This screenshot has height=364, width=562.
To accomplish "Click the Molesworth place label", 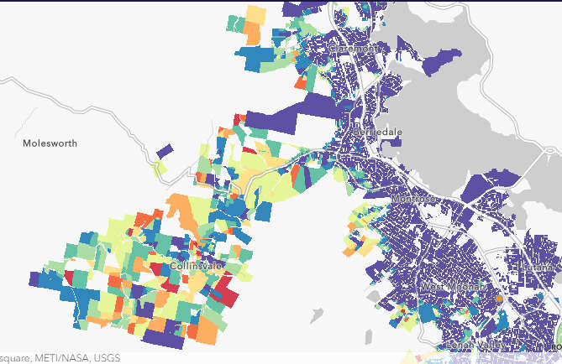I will click(50, 143).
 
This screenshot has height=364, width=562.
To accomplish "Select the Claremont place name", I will click(355, 49).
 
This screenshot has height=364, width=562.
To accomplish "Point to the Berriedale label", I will click(378, 133).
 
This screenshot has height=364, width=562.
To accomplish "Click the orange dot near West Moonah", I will click(499, 298).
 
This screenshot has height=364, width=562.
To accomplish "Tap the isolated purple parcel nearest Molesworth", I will click(165, 151).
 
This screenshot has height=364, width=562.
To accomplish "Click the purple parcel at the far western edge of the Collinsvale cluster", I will click(34, 278).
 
